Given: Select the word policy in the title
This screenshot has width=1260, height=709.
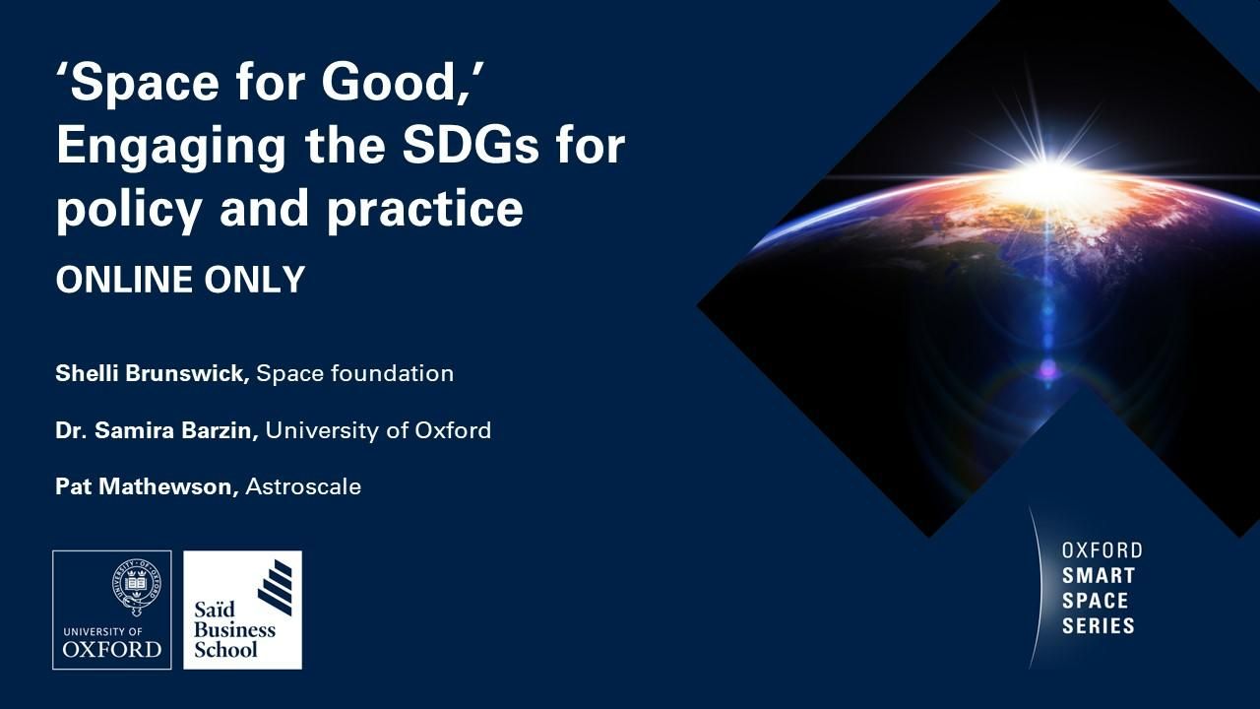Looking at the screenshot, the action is click(129, 210).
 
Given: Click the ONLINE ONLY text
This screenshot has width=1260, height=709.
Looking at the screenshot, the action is click(180, 280).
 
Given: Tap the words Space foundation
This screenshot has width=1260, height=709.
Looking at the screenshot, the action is click(355, 373).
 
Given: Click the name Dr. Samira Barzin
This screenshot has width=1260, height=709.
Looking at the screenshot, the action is click(157, 430).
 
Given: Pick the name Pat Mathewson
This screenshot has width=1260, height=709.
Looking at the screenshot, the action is click(147, 486).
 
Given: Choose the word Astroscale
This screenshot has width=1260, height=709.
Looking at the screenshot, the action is click(303, 486).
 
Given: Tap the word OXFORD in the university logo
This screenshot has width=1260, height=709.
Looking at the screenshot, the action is click(112, 650).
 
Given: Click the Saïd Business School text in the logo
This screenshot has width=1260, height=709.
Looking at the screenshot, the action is click(234, 629).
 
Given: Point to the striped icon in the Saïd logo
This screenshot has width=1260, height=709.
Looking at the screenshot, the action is click(275, 587).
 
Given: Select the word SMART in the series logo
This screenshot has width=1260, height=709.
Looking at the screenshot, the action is click(1098, 576).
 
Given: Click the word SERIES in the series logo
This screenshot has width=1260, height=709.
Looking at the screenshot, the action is click(1098, 625).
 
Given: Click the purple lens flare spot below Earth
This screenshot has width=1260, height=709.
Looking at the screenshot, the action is click(1047, 369).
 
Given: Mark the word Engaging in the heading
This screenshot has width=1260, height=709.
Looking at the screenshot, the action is click(171, 148).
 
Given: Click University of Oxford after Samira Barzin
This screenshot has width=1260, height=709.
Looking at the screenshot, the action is click(379, 430).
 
